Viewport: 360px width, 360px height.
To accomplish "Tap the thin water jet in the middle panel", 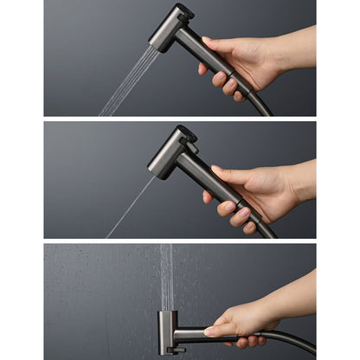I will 130,208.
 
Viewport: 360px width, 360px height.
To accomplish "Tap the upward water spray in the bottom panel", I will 165,277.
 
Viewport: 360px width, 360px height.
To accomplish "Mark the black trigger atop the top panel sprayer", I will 183,13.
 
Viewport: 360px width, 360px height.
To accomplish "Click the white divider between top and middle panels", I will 180,119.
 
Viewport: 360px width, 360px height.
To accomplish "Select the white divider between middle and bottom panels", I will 180,241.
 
